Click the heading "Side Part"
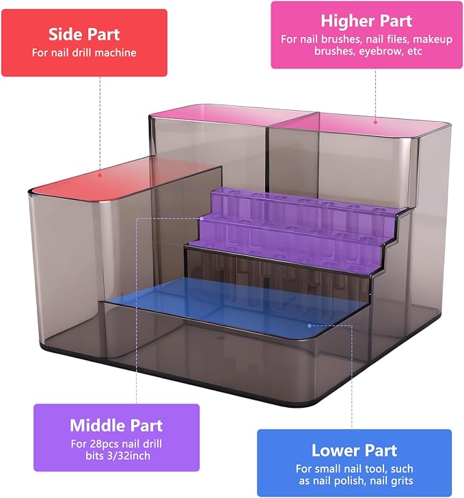(84, 34)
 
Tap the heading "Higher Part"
(366, 21)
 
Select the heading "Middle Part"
(116, 425)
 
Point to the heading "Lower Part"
(354, 451)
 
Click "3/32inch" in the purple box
(126, 456)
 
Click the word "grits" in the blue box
(402, 481)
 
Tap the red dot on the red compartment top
(100, 175)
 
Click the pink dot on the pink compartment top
(375, 122)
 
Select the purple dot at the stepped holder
(202, 218)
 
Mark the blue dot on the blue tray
(310, 326)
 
